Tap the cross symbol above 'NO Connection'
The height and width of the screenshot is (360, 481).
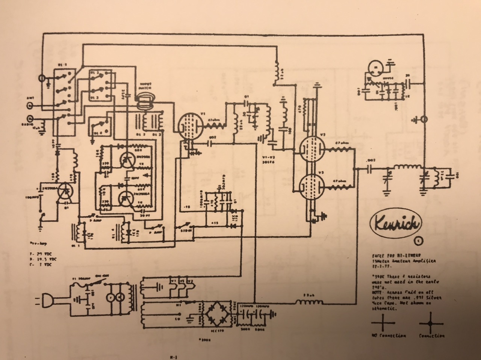[x=383, y=322]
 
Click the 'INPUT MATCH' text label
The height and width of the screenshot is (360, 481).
[x=145, y=86]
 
